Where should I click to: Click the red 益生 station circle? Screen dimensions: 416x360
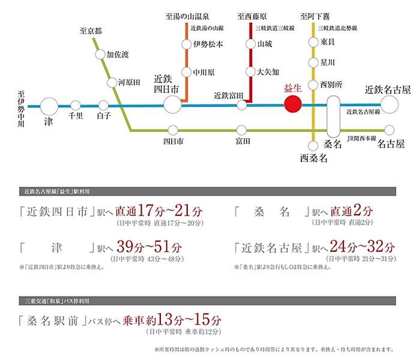click(292, 105)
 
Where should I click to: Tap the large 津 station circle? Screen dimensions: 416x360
click(49, 106)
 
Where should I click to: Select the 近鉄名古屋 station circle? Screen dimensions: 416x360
click(390, 105)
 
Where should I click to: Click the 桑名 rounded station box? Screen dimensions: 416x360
click(334, 118)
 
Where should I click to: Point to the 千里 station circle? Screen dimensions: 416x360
click(76, 106)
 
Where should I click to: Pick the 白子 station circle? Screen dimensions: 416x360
click(103, 106)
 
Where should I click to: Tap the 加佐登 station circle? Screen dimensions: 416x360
click(100, 55)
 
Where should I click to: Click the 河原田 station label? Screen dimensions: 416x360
click(128, 81)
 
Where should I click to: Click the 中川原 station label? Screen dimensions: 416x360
click(205, 71)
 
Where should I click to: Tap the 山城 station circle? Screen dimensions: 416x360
click(251, 44)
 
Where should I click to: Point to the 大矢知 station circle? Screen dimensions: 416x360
click(251, 71)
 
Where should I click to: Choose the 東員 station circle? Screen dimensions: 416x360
click(312, 42)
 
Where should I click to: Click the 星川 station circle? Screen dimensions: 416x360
click(312, 63)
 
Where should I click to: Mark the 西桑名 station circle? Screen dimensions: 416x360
click(312, 145)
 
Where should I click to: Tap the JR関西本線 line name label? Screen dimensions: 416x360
click(363, 139)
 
